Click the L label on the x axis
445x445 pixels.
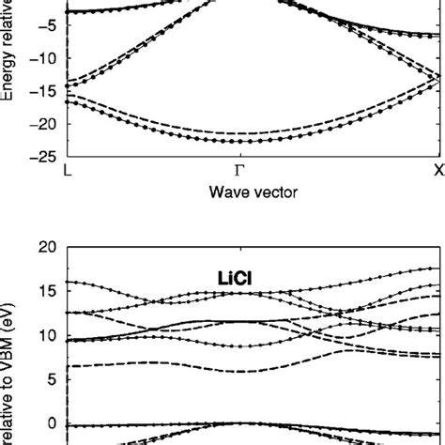coord(65,173)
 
